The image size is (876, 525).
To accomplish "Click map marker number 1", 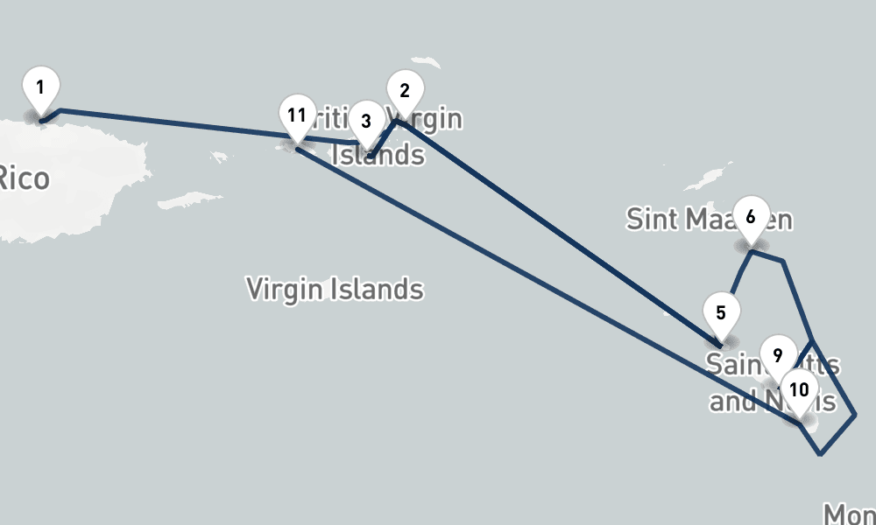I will [40, 87].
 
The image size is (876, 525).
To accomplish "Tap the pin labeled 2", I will [404, 90].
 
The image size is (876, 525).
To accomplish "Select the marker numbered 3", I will [366, 121].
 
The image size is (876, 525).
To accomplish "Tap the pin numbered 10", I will [798, 388].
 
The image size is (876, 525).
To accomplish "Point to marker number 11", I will [296, 115].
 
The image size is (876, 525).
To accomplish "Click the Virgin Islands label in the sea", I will [335, 289].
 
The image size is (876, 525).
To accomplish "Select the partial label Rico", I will [23, 178].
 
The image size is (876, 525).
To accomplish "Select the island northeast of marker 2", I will [427, 65].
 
